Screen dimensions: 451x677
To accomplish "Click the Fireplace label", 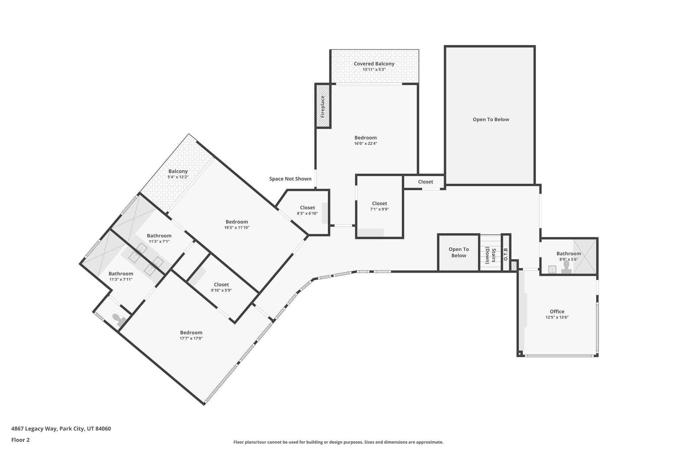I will [x=323, y=106].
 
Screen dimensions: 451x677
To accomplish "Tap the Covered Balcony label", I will [x=374, y=64].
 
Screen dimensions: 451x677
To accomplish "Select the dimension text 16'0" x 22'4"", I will [x=366, y=143].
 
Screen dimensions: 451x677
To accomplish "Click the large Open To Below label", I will [x=491, y=120].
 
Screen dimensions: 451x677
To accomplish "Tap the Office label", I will [x=557, y=311].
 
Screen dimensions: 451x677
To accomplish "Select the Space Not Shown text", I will [x=290, y=179].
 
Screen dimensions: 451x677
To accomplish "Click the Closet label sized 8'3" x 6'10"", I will [x=307, y=207].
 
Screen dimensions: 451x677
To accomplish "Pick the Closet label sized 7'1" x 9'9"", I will [x=379, y=204].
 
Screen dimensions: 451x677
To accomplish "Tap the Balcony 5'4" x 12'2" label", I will [x=178, y=171].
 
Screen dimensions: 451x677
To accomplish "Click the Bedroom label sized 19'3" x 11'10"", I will [x=237, y=222].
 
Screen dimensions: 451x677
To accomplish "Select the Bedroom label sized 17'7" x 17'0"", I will [x=191, y=332].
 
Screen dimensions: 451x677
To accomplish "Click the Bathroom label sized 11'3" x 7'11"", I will [x=121, y=274].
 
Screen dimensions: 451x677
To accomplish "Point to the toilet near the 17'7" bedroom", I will [x=118, y=318].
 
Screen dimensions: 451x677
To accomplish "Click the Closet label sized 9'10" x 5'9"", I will [x=221, y=284].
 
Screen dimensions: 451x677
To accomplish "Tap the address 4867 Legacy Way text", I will [x=61, y=429].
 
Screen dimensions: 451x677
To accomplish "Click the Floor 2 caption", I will [x=20, y=440].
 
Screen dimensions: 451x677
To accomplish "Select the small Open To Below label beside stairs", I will [x=458, y=252].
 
